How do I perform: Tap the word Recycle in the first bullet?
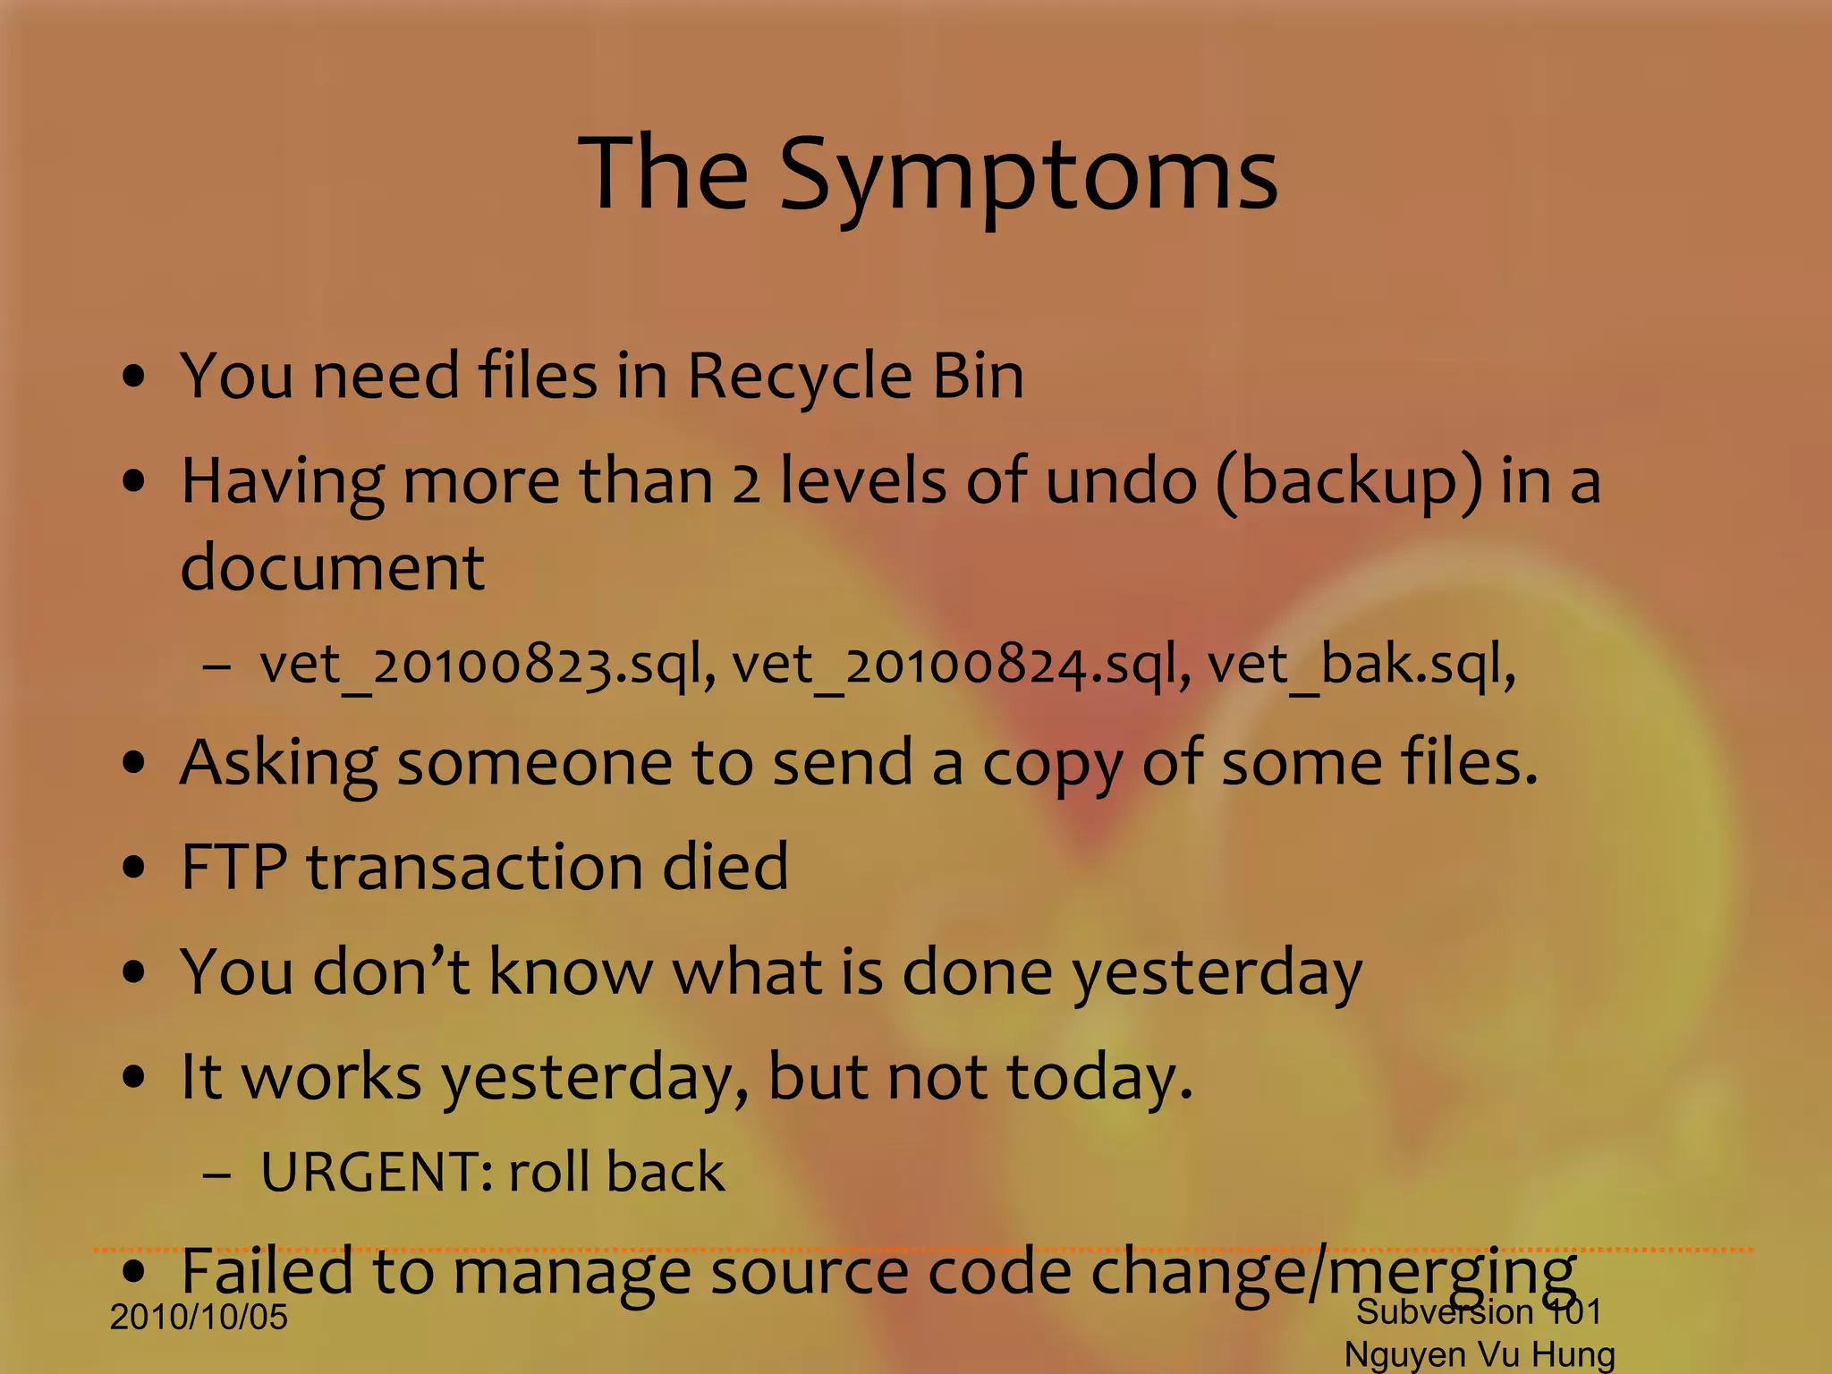(799, 376)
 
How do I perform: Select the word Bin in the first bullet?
(978, 376)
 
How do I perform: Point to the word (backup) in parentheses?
(1348, 482)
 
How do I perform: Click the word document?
(333, 567)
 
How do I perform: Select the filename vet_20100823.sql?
(488, 666)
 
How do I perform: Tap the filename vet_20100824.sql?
(962, 666)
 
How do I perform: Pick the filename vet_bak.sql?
(1361, 666)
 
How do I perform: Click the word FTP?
(234, 867)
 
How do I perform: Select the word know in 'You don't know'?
(570, 971)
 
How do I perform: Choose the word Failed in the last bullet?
(267, 1271)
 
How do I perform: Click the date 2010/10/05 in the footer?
(199, 1318)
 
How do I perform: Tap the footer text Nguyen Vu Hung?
(1480, 1354)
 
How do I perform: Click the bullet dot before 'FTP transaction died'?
(134, 868)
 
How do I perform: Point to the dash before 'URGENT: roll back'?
(216, 1174)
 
